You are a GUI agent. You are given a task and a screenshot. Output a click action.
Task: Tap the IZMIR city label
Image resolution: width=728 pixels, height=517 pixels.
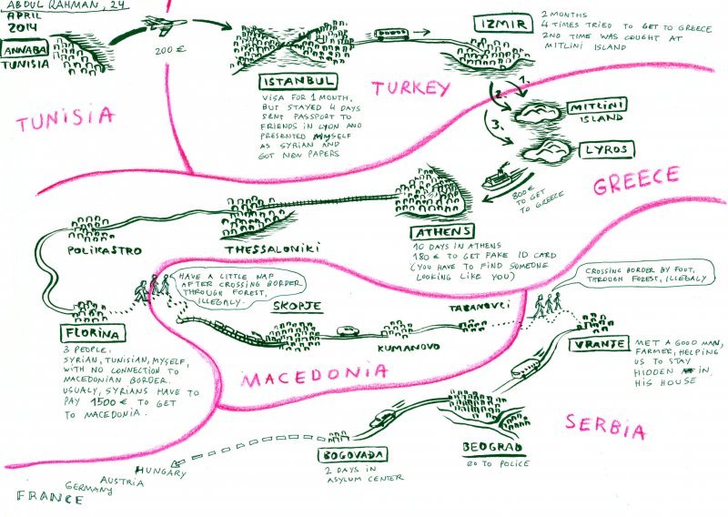[x=499, y=24]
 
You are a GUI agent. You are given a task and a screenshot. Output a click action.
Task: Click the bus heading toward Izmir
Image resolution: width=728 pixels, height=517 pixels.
[x=392, y=34]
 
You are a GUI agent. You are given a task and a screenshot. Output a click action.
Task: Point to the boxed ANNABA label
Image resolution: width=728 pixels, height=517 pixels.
[x=23, y=50]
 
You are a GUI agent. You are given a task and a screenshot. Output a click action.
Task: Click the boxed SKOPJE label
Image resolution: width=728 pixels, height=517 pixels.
[x=296, y=306]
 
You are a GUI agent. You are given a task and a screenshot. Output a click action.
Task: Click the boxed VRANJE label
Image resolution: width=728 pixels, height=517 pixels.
[x=599, y=343]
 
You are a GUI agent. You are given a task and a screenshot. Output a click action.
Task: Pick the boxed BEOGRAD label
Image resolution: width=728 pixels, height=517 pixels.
[x=491, y=449]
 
